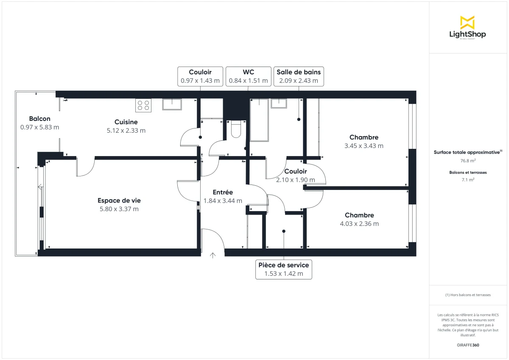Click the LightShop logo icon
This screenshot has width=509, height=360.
pos(467,22)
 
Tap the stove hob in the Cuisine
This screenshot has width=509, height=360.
pos(143,105)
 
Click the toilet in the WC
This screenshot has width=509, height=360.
pos(236,129)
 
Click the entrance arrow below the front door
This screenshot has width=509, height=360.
pos(213,255)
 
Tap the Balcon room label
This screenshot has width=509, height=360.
pos(39,119)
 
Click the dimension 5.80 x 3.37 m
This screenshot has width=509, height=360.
pos(119,209)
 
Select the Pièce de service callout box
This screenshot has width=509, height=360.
pos(284,269)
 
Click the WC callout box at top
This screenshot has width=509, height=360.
pos(248,76)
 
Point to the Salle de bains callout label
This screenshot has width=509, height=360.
pos(299,72)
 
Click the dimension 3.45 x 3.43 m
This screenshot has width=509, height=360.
pos(364,146)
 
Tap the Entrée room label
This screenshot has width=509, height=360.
pos(223,193)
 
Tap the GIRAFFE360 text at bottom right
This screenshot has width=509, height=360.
pos(467,345)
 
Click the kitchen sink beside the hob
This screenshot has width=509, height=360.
pos(172,104)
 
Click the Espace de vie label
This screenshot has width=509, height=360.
pos(119,201)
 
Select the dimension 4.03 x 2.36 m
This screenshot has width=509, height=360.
pos(359,224)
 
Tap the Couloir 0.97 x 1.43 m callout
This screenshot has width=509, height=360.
pos(200,76)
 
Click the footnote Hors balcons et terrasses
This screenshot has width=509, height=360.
pos(468,295)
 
